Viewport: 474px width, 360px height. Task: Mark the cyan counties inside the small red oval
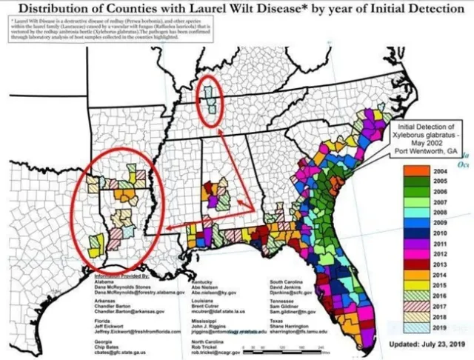(x=210, y=98)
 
